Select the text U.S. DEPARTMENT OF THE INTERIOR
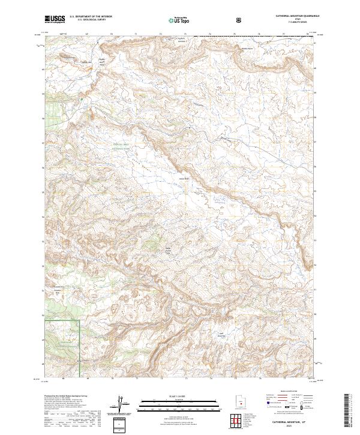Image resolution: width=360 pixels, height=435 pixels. click(90, 17)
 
